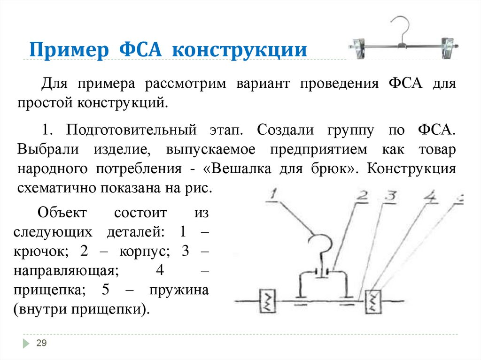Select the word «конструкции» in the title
[239, 49]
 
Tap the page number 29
[41, 344]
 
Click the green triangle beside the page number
[25, 344]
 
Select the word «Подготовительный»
[131, 130]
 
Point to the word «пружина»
[179, 290]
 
